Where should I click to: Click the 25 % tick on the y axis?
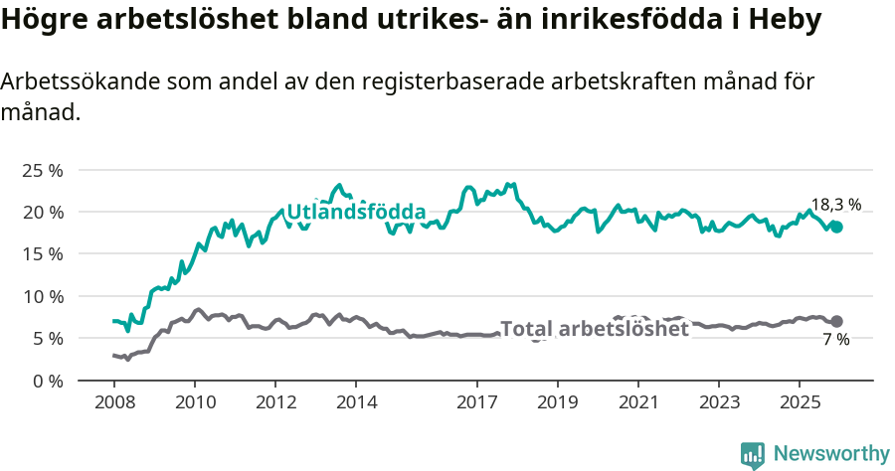[x=43, y=170]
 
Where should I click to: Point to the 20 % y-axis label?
[x=43, y=212]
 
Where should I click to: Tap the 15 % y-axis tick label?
[x=43, y=254]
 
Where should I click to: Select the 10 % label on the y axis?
[x=43, y=296]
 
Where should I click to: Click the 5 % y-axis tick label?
[x=47, y=338]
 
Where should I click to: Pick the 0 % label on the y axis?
[x=47, y=381]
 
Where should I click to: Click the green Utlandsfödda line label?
[x=356, y=213]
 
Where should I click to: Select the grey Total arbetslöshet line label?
[x=594, y=329]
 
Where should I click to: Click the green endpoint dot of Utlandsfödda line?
[x=836, y=227]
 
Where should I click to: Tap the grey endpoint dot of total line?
[x=836, y=321]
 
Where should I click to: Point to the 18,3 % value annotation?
[x=835, y=205]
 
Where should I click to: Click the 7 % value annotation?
[x=835, y=340]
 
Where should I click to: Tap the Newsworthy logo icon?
[x=753, y=454]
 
